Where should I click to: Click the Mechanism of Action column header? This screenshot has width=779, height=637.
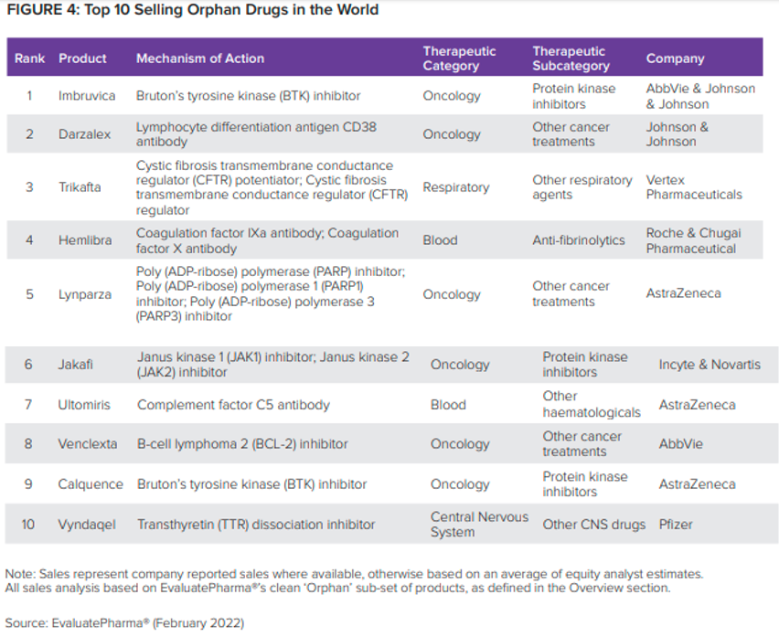(200, 58)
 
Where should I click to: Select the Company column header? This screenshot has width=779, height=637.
(675, 58)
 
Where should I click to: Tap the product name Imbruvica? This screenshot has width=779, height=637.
(87, 95)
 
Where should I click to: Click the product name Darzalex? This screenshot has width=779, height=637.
(84, 134)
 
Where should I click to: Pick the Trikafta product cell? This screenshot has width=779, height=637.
(80, 187)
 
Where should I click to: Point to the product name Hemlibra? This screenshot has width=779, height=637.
(85, 240)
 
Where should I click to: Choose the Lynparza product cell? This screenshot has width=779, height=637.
(85, 294)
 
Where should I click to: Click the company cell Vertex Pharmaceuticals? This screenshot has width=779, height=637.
(694, 187)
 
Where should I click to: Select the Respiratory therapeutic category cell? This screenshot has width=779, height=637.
(456, 187)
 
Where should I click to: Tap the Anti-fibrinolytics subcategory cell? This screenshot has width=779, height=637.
(579, 240)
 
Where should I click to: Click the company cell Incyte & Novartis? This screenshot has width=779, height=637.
(710, 365)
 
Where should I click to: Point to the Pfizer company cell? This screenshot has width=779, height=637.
(676, 525)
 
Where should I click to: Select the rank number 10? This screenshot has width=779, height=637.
(27, 525)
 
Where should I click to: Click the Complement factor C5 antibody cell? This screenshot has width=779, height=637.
(233, 405)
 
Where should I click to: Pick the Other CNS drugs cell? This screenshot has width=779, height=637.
(594, 525)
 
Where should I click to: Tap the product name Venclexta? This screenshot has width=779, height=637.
(88, 444)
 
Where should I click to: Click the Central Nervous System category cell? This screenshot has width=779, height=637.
(479, 525)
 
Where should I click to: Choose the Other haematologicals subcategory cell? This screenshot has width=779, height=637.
(592, 404)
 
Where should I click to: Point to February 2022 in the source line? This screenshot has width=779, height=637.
(198, 623)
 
